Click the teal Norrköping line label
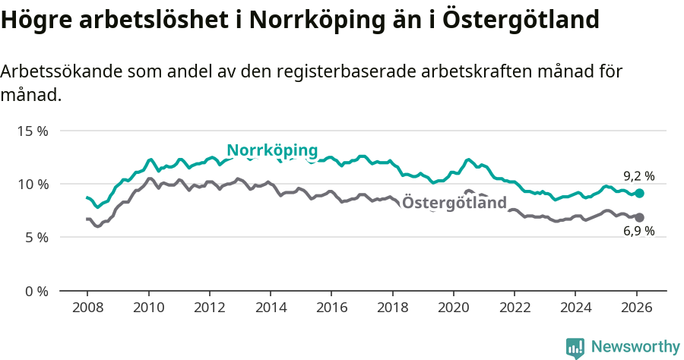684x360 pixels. [272, 150]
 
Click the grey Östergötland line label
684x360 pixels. [454, 203]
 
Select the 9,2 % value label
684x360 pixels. [638, 176]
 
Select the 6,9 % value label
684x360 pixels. [638, 232]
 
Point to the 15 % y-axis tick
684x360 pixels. [33, 131]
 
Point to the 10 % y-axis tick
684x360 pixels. [33, 184]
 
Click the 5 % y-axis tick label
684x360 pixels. [36, 237]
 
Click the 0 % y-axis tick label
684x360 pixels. [36, 291]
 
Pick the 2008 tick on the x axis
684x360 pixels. [87, 308]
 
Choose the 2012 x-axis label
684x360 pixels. [209, 308]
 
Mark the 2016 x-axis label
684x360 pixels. [331, 308]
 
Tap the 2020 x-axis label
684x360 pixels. [453, 308]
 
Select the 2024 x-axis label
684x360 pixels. [575, 308]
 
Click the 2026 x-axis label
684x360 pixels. [636, 308]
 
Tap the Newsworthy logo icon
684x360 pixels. [575, 347]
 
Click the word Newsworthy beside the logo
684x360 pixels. [635, 347]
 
